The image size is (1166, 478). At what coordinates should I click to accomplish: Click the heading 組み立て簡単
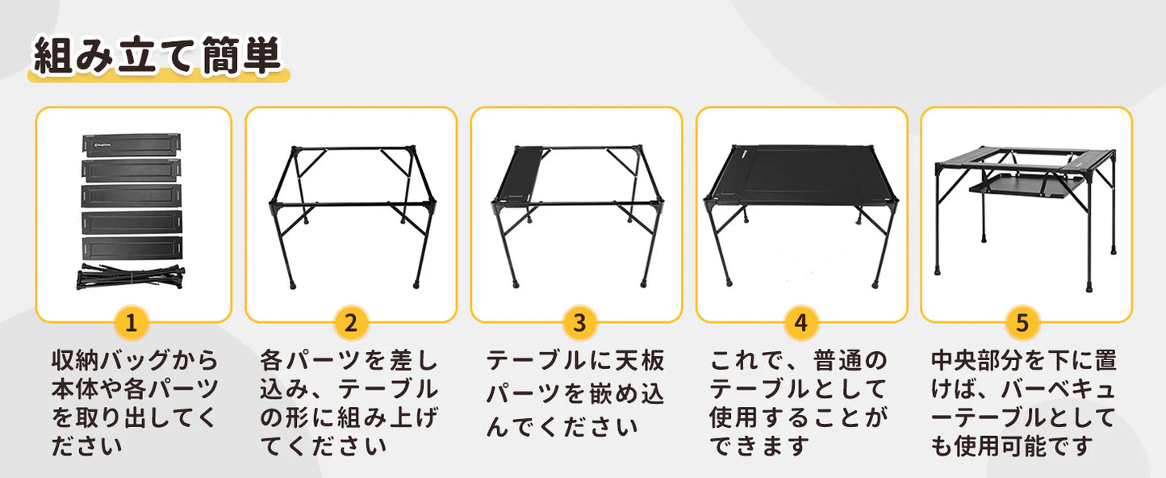[x=157, y=57]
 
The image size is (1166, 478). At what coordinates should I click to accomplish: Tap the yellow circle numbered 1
[x=132, y=324]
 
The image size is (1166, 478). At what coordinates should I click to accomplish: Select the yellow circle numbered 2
[x=351, y=324]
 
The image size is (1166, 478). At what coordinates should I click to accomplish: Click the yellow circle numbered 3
[x=579, y=324]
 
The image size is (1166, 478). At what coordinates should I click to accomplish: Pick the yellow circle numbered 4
[x=800, y=324]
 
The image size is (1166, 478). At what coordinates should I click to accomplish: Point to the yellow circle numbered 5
[x=1022, y=324]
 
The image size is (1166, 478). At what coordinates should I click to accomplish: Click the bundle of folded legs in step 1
[x=132, y=278]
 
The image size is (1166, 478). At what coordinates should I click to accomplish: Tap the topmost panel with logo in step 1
[x=132, y=144]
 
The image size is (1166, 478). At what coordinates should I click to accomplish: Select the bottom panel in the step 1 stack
[x=132, y=247]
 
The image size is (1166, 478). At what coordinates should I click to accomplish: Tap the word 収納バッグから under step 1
[x=134, y=361]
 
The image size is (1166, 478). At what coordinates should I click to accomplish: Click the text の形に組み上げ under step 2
[x=349, y=417]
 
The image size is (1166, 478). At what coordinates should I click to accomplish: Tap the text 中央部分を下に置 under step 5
[x=1024, y=361]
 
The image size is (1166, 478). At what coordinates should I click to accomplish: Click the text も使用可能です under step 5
[x=1012, y=445]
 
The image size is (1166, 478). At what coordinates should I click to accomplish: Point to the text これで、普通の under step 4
[x=798, y=361]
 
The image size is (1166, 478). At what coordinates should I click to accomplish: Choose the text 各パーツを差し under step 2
[x=349, y=361]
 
